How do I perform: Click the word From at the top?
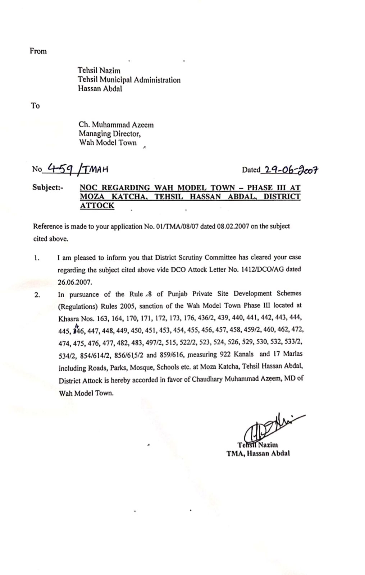[38, 51]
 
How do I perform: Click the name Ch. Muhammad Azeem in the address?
[116, 125]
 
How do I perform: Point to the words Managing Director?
[110, 134]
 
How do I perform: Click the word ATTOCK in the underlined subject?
[97, 206]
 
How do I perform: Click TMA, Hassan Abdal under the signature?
[258, 454]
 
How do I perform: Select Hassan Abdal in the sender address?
[100, 89]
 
